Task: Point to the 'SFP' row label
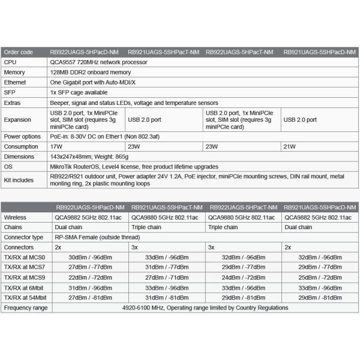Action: pos(10,92)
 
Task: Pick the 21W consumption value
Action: pos(290,146)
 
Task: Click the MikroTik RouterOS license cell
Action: pos(125,166)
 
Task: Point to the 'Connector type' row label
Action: pos(24,237)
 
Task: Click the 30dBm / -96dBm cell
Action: pos(91,257)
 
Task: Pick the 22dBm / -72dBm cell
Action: pos(91,278)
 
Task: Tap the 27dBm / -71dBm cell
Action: pos(167,278)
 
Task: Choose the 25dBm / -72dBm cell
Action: pos(320,278)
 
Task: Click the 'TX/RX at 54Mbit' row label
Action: pos(25,298)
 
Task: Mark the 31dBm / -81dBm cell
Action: pos(167,298)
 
